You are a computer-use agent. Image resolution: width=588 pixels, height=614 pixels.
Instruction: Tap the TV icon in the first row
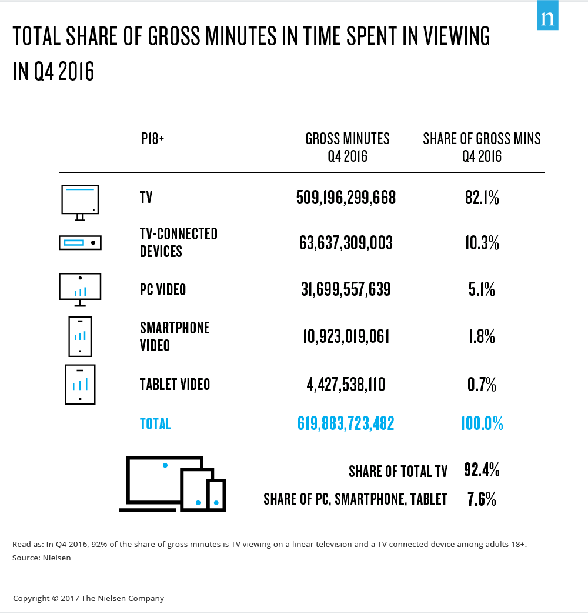coord(80,201)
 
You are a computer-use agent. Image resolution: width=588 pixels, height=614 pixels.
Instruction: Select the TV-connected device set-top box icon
coord(80,242)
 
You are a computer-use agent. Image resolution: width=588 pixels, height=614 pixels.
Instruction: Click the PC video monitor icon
coord(80,289)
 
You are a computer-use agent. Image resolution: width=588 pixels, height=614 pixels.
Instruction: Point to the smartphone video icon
coord(80,336)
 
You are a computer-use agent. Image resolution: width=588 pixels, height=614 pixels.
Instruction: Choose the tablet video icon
coord(80,385)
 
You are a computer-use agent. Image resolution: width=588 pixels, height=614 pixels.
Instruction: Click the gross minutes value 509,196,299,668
coord(346,198)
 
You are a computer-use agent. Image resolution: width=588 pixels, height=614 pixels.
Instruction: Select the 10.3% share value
coord(482,242)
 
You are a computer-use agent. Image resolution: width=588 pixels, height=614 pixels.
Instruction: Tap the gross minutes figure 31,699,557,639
coord(346,289)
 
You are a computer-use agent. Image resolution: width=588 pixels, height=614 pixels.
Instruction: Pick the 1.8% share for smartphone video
coord(482,336)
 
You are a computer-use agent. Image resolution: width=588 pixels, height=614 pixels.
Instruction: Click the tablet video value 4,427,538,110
coord(346,385)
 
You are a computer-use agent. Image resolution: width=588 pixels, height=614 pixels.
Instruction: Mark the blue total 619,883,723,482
coord(346,423)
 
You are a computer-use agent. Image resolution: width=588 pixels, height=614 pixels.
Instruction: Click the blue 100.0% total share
coord(482,423)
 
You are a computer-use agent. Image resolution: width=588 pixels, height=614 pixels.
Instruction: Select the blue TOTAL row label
coord(155,423)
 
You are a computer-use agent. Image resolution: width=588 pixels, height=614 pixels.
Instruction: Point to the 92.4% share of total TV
coord(482,470)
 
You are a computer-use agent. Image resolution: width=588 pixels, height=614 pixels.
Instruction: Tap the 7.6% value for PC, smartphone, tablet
coord(482,499)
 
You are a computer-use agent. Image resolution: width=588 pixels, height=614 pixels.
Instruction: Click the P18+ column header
coord(153,139)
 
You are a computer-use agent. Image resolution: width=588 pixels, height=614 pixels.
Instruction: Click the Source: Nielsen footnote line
coord(41,558)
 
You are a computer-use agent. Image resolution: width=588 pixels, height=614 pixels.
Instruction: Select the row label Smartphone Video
coord(175,336)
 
